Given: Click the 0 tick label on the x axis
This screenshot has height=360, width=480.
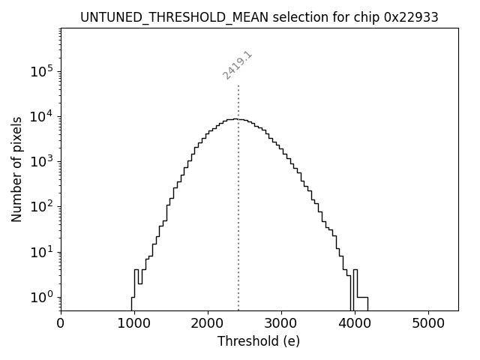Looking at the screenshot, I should [61, 322].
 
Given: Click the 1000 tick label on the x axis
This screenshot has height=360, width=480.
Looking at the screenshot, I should [134, 322].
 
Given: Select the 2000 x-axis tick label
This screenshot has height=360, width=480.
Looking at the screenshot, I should [208, 322].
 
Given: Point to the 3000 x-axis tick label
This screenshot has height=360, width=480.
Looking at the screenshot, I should [281, 322].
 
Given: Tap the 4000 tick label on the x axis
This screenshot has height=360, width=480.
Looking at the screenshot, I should [355, 322].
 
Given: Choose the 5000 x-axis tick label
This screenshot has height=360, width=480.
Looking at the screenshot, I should [428, 322].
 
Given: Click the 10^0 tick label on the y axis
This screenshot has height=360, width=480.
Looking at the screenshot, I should [42, 297].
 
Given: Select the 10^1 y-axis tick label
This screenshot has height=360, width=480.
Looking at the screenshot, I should [42, 252].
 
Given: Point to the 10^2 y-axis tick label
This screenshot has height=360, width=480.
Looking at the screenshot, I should [42, 207].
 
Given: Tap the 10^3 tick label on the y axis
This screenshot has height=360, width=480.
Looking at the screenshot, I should [42, 162].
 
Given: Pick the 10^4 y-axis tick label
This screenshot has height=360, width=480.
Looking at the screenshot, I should [42, 116].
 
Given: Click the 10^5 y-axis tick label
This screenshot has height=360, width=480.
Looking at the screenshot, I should [42, 71].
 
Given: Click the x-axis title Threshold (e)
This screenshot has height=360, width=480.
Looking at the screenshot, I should [259, 341].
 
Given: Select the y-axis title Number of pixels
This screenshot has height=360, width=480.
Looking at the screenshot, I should [16, 169].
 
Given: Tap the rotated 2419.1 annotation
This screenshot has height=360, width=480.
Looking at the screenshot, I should [237, 65].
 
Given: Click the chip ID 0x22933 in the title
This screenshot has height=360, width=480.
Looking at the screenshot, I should [411, 17].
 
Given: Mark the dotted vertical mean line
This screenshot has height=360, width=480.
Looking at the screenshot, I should [238, 225].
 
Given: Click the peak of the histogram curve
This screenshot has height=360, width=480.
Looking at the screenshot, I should [235, 118].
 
